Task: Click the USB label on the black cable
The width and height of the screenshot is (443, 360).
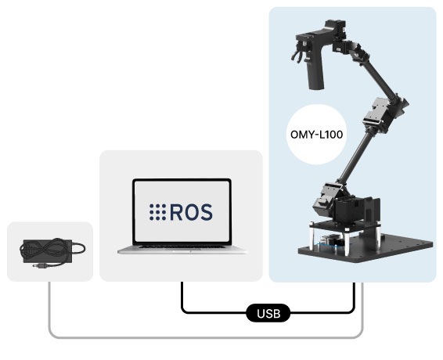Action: coord(268,313)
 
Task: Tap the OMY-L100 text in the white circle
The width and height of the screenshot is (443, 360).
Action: coord(316,135)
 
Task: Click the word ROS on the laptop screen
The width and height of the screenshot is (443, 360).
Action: coord(191,212)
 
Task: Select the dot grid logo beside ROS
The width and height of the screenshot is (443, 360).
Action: coord(157,212)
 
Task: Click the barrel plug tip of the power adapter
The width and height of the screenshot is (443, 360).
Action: coord(37,266)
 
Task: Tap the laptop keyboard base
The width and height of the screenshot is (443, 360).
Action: coord(182,250)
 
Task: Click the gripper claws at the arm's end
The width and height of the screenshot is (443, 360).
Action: coord(299,53)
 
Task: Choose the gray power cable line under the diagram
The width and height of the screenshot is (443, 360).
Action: coord(206,337)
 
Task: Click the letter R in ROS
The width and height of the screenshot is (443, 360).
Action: coord(176,212)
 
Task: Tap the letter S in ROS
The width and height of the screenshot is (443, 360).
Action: coord(207,212)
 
